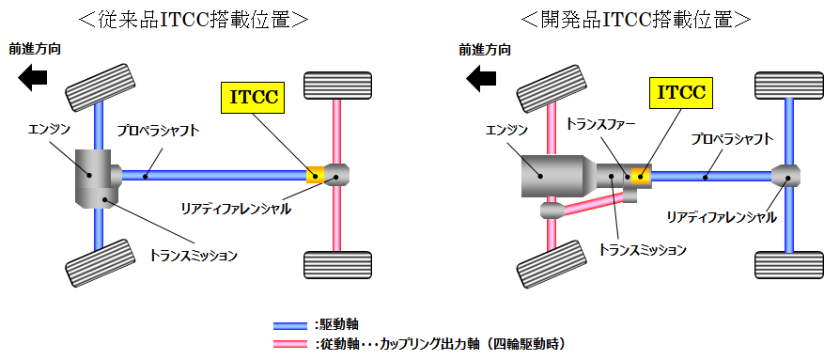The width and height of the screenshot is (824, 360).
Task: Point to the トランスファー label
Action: click(602, 123)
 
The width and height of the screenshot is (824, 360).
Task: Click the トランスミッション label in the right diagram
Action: click(643, 250)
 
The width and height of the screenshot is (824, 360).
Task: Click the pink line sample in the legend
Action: click(293, 343)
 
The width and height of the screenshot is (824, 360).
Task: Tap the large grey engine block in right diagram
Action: click(546, 176)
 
